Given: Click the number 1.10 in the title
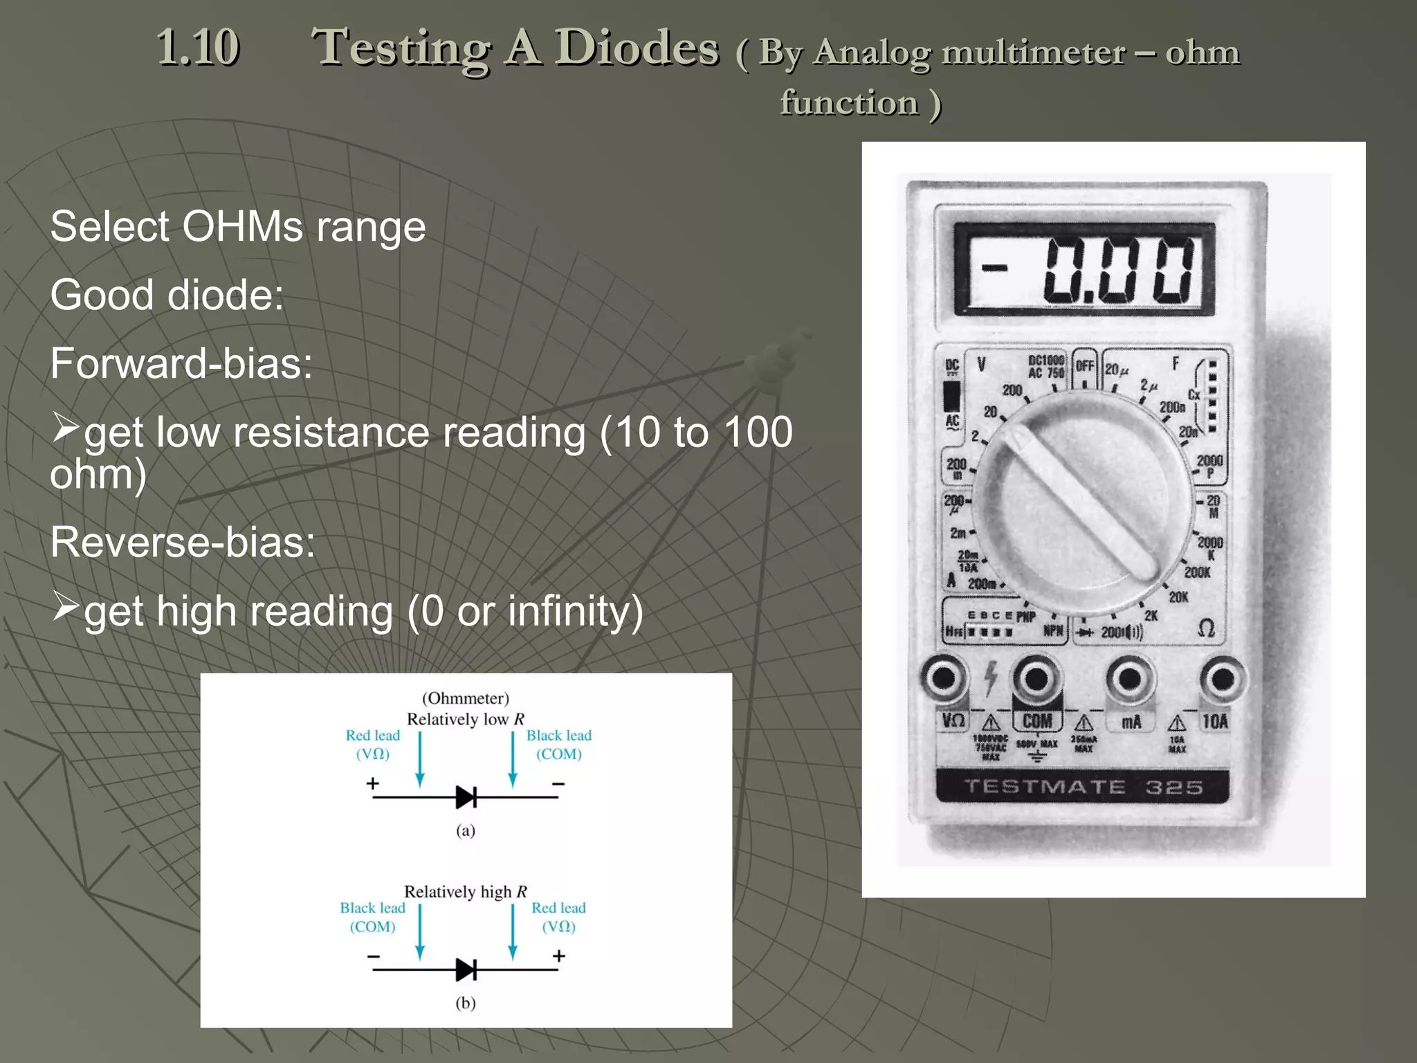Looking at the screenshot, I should (198, 47).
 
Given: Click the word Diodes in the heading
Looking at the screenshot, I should (637, 47).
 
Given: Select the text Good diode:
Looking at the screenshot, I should (167, 295).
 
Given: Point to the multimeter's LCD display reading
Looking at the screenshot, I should (1084, 269).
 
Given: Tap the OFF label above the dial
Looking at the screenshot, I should (1085, 366).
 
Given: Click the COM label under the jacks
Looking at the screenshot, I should (1037, 721).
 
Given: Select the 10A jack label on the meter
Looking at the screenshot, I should (1215, 721).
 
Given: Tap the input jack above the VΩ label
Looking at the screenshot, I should (944, 678).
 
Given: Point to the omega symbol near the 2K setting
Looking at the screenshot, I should (1206, 628).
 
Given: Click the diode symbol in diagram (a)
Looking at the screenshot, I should (466, 797).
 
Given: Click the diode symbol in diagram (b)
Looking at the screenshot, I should (466, 970).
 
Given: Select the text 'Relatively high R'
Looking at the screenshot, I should (465, 891).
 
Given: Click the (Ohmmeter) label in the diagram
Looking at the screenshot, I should (465, 698).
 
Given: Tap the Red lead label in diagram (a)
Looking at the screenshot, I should (373, 736).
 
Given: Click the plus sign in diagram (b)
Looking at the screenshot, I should (559, 956).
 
